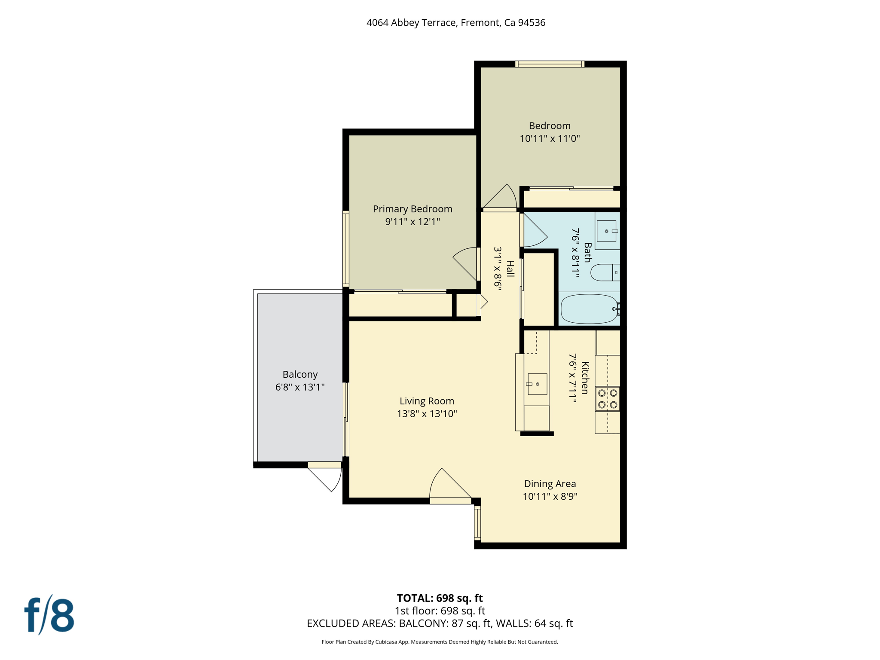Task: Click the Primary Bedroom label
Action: click(412, 209)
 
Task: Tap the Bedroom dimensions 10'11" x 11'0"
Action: click(550, 138)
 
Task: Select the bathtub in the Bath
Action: click(589, 309)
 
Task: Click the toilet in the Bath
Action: click(604, 272)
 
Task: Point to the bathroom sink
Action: click(607, 231)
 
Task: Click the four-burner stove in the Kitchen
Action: click(608, 399)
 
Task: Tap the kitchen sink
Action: click(537, 384)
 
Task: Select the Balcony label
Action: click(300, 374)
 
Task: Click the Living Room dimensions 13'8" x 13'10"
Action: click(427, 414)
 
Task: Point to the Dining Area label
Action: click(550, 484)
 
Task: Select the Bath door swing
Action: click(534, 231)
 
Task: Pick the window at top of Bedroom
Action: click(550, 64)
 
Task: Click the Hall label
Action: click(510, 269)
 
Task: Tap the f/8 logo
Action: click(49, 615)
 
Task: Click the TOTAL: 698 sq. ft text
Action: click(440, 598)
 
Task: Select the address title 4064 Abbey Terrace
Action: click(455, 23)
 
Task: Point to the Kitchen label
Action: click(585, 378)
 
